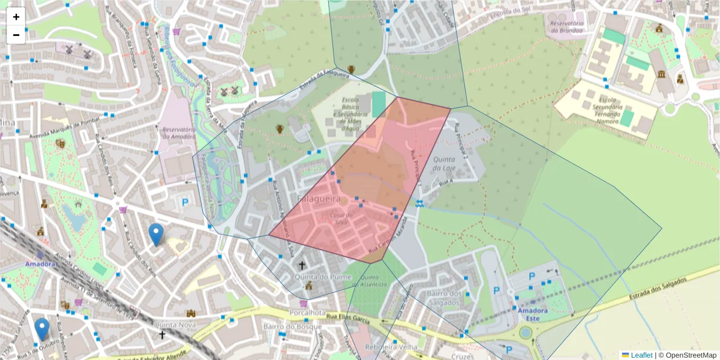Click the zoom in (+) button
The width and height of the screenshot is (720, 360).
pyautogui.click(x=16, y=17)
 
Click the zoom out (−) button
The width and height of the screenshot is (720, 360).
pyautogui.click(x=16, y=35)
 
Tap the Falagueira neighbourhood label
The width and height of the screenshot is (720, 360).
pyautogui.click(x=319, y=198)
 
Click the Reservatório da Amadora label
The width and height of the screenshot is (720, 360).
pyautogui.click(x=179, y=133)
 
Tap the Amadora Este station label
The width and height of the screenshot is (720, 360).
pyautogui.click(x=532, y=314)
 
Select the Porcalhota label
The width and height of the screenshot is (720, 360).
pyautogui.click(x=307, y=313)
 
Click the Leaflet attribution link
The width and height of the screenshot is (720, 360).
pyautogui.click(x=641, y=355)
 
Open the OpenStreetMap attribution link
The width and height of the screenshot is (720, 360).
pyautogui.click(x=687, y=355)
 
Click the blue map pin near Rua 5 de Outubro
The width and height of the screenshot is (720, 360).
pyautogui.click(x=42, y=329)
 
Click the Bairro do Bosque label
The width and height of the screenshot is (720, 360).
pyautogui.click(x=288, y=326)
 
